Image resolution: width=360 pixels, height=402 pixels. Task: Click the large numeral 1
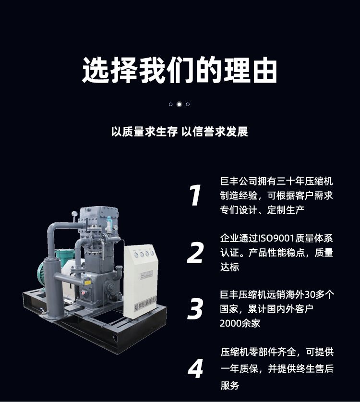pyautogui.click(x=195, y=195)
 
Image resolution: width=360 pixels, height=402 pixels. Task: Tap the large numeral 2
pyautogui.click(x=195, y=253)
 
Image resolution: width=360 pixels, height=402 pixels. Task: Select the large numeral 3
pyautogui.click(x=195, y=309)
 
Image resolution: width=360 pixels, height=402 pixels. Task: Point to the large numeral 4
pyautogui.click(x=195, y=368)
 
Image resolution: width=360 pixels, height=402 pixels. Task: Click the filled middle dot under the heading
pyautogui.click(x=179, y=104)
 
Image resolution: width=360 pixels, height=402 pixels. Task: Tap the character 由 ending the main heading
pyautogui.click(x=264, y=70)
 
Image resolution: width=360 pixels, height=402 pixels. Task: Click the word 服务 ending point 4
pyautogui.click(x=229, y=385)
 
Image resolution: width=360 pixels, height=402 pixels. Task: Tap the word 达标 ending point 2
pyautogui.click(x=229, y=267)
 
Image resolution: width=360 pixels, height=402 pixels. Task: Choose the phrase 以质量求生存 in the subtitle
pyautogui.click(x=144, y=132)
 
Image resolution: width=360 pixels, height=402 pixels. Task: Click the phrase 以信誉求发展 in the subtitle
pyautogui.click(x=215, y=132)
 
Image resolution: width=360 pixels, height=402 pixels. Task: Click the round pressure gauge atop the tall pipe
pyautogui.click(x=74, y=213)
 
